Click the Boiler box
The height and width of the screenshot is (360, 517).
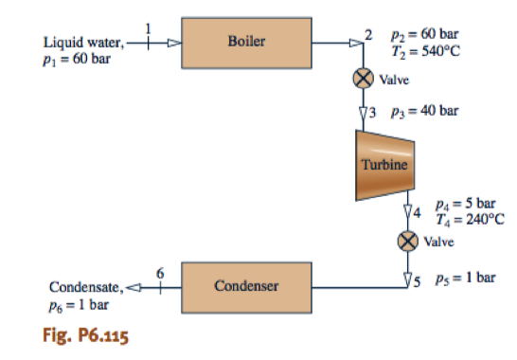(248, 42)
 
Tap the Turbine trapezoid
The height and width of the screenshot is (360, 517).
(384, 164)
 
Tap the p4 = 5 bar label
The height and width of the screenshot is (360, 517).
(464, 203)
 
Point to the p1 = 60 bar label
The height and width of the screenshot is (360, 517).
(76, 57)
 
